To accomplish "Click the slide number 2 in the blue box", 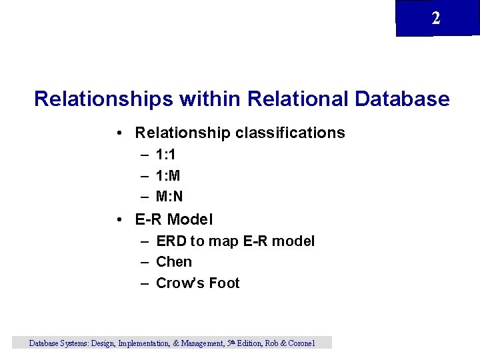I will [436, 19].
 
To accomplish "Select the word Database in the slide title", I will [403, 99].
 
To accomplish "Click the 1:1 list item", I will [165, 155].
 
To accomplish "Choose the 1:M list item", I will [167, 176].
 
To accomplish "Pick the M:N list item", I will [169, 197].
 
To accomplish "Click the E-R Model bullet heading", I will [173, 219].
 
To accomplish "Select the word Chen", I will [173, 262].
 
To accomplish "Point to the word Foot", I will [224, 283].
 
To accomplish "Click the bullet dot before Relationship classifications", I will [117, 133].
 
